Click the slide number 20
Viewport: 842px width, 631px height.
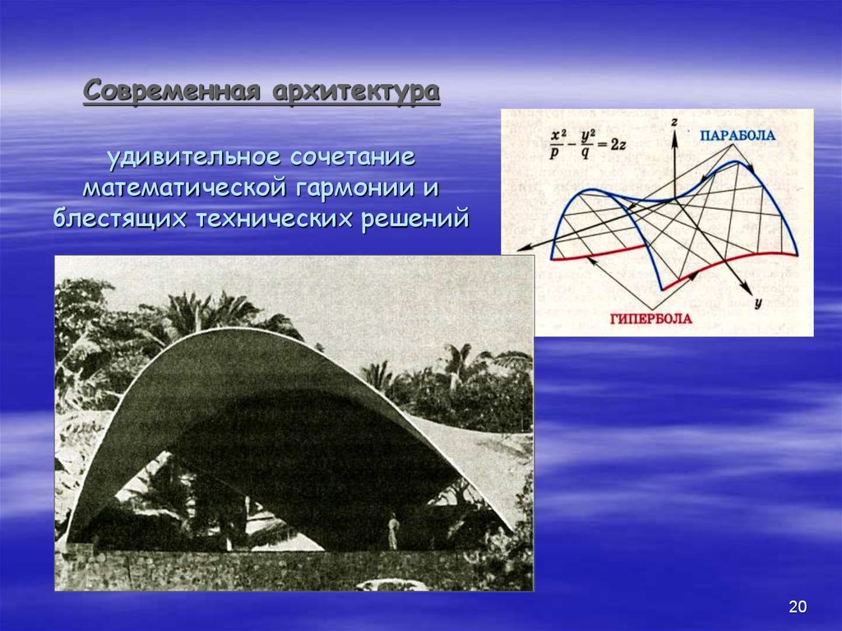(797, 607)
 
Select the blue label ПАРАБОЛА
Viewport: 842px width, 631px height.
(737, 135)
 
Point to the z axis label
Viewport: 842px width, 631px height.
(673, 121)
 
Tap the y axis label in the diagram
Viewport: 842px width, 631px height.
(757, 303)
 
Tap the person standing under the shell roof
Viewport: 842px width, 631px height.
(393, 531)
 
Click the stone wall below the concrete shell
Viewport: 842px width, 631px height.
(247, 569)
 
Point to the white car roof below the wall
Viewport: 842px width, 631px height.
(393, 585)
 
